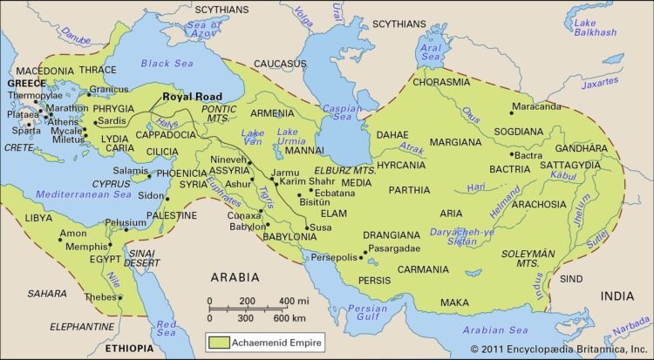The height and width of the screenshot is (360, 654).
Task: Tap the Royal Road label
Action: tap(192, 97)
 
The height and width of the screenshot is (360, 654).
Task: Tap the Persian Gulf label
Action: tap(367, 313)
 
